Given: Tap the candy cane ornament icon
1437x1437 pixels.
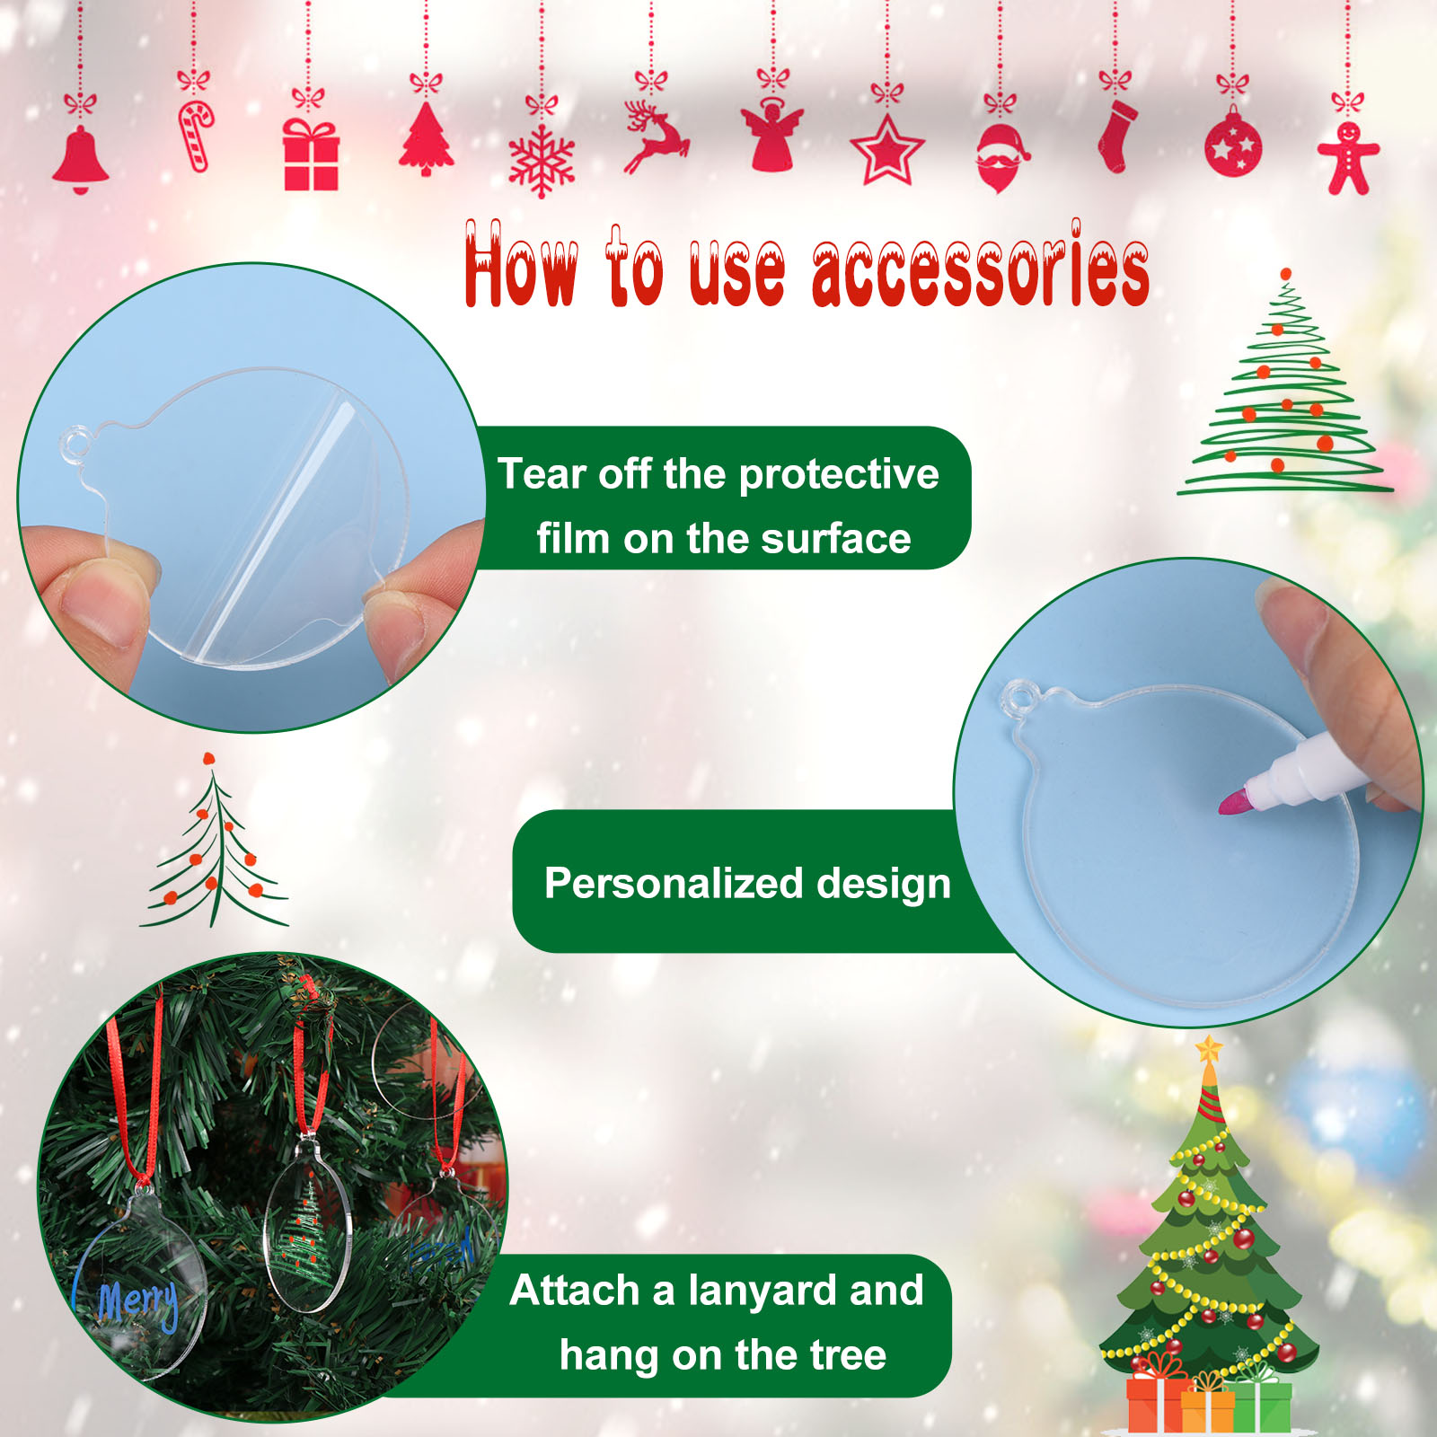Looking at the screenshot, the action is pyautogui.click(x=196, y=136).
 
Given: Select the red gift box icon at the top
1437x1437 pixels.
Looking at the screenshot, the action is pyautogui.click(x=311, y=154).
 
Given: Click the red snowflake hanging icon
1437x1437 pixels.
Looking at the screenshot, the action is pyautogui.click(x=542, y=160).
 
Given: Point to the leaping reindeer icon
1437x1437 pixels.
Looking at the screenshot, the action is pyautogui.click(x=656, y=137).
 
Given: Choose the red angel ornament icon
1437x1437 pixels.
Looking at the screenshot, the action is pyautogui.click(x=771, y=135).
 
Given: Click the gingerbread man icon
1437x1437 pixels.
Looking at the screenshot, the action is pyautogui.click(x=1348, y=158).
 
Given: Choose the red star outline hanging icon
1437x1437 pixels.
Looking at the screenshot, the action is pyautogui.click(x=887, y=150).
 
